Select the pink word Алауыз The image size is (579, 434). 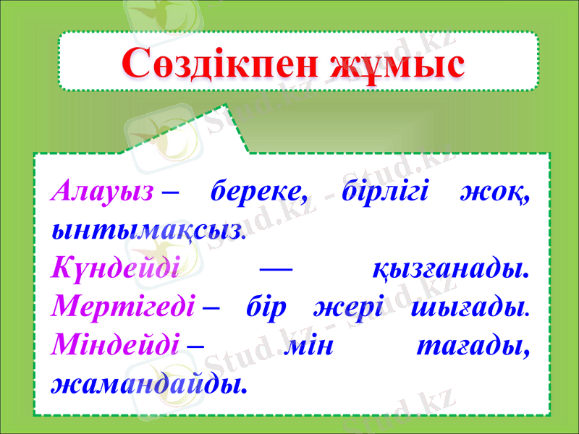(x=103, y=193)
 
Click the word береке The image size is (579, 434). (x=257, y=193)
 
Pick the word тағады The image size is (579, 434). (x=471, y=347)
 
